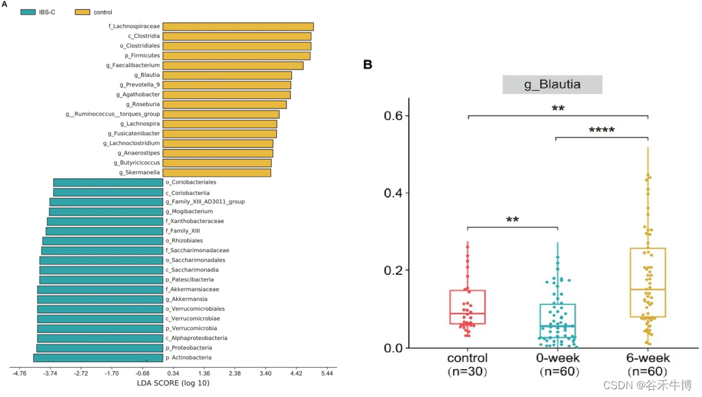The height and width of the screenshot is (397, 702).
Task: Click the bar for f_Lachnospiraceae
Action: click(x=238, y=27)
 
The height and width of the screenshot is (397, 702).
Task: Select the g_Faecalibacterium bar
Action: click(x=233, y=66)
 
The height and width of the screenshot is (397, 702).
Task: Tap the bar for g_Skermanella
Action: click(x=216, y=173)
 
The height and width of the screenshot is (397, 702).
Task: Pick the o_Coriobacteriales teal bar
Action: click(x=108, y=183)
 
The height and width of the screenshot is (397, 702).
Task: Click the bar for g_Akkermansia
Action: click(x=99, y=300)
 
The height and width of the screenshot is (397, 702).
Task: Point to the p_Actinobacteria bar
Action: click(x=97, y=358)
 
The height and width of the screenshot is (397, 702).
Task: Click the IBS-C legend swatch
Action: click(x=28, y=12)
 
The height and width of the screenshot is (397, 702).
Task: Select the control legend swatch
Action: click(x=83, y=12)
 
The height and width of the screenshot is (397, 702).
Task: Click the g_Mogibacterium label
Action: click(x=188, y=212)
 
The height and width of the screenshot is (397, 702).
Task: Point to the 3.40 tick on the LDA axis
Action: click(x=265, y=374)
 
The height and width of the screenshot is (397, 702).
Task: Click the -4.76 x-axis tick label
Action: click(x=19, y=374)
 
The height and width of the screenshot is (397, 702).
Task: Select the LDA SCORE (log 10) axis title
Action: click(x=173, y=383)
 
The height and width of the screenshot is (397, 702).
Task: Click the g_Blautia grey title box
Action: click(x=552, y=84)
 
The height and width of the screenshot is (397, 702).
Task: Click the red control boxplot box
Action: click(x=467, y=307)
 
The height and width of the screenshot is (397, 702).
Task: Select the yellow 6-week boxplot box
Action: click(x=648, y=282)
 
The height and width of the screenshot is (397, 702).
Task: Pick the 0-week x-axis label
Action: click(x=558, y=358)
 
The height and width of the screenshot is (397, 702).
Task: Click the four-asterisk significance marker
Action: click(x=601, y=130)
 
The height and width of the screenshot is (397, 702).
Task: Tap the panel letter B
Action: click(x=368, y=64)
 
